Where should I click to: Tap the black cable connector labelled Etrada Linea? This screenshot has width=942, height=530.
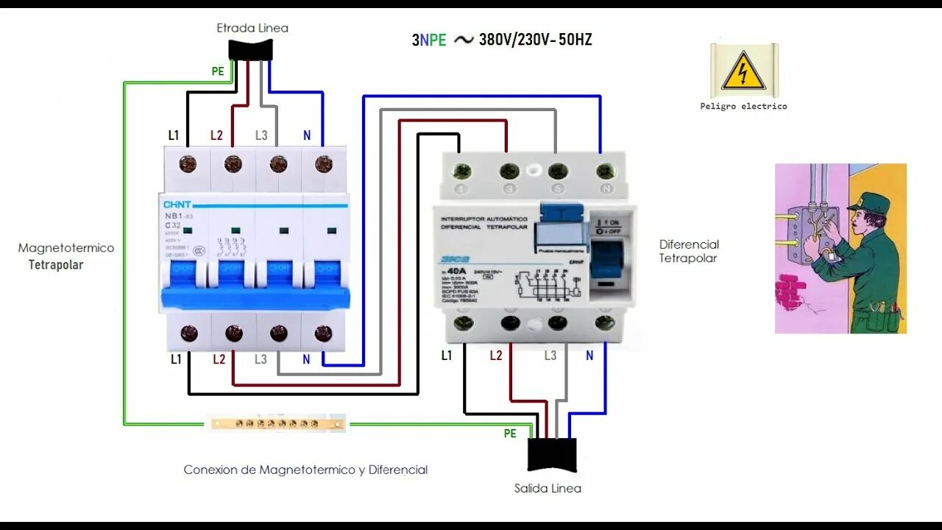[x=250, y=49]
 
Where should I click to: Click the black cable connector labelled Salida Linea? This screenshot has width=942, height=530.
[x=551, y=454]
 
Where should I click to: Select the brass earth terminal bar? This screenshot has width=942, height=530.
[x=277, y=423]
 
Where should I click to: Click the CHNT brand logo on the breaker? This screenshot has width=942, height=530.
[x=177, y=205]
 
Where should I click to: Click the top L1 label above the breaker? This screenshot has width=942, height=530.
[x=174, y=135]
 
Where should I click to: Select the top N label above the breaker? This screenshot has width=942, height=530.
[x=307, y=135]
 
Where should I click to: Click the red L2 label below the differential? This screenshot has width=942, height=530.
[x=496, y=356]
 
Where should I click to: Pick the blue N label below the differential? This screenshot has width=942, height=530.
[x=589, y=356]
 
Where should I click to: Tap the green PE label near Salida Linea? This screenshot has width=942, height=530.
[x=510, y=434]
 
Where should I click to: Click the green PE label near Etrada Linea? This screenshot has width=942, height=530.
[x=218, y=71]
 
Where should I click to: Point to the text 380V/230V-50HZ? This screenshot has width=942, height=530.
[x=535, y=40]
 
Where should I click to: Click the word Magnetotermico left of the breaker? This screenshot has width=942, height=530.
[x=66, y=248]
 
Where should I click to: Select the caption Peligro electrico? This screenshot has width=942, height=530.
[x=743, y=106]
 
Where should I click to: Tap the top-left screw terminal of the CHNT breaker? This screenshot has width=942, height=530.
[x=188, y=163]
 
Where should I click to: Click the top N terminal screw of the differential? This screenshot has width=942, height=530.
[x=606, y=172]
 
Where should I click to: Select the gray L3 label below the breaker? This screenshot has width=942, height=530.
[x=261, y=359]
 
